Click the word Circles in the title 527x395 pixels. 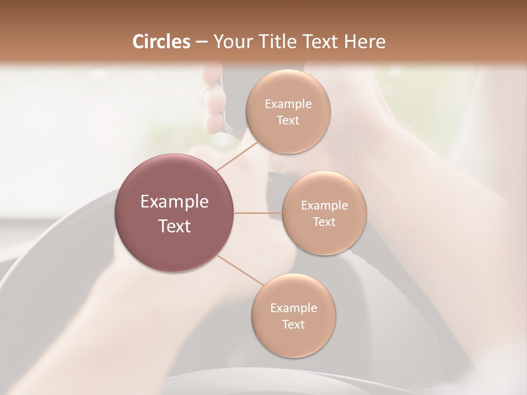click(161, 42)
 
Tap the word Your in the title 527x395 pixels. click(230, 42)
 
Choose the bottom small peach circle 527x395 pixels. click(293, 341)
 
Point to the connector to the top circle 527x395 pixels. click(238, 156)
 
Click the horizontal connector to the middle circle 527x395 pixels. click(258, 213)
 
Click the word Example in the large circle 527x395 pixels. click(175, 202)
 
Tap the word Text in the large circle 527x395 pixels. click(175, 226)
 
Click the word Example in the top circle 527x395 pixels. click(288, 104)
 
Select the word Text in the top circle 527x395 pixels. click(288, 121)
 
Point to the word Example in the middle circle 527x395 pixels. click(324, 206)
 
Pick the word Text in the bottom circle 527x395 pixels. click(293, 324)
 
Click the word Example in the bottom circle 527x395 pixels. click(293, 308)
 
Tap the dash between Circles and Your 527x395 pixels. click(201, 42)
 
